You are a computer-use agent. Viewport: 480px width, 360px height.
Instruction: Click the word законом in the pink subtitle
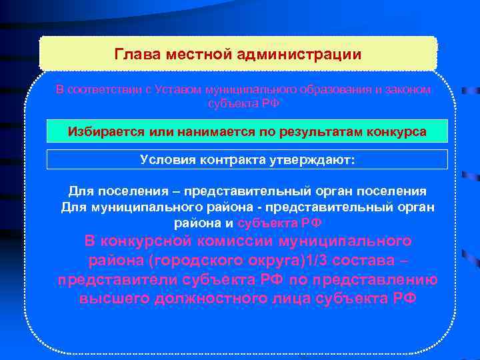click(409, 90)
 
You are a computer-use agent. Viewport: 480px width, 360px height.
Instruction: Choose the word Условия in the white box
click(165, 160)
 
